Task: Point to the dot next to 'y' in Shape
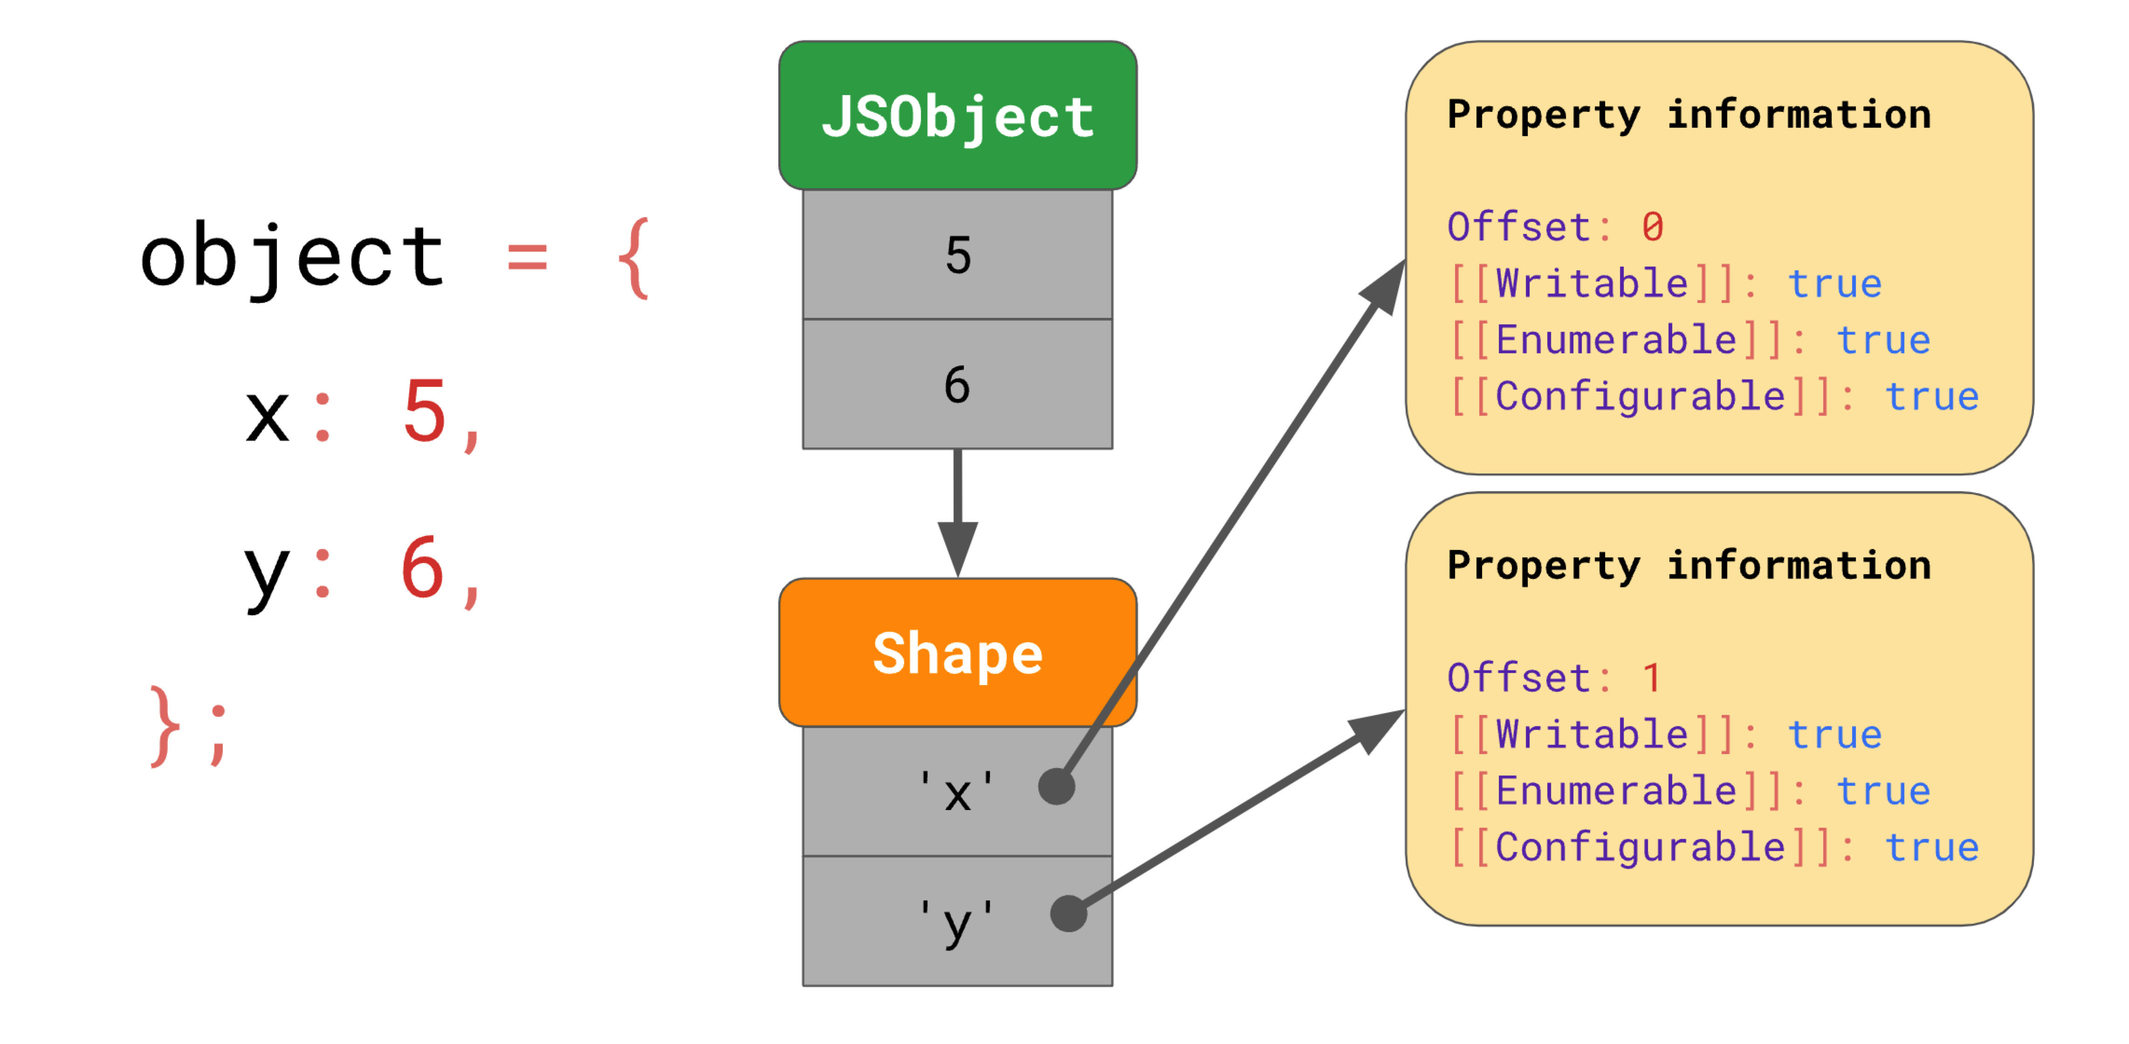click(x=1069, y=913)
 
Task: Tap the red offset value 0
click(x=1652, y=227)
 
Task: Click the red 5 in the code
click(x=425, y=411)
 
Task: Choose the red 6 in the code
click(x=422, y=567)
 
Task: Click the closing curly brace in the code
click(x=165, y=726)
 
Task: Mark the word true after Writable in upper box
click(x=1835, y=283)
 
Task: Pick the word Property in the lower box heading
click(x=1544, y=566)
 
